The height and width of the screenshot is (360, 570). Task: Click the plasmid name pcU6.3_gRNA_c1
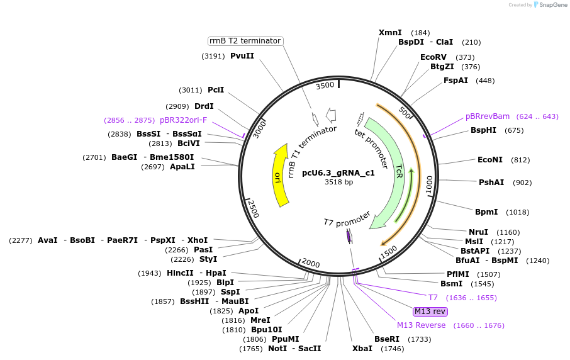(338, 172)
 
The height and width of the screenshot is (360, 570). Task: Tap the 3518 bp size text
(338, 182)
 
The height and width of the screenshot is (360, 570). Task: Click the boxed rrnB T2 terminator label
(245, 41)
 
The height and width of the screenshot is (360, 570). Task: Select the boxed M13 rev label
(430, 312)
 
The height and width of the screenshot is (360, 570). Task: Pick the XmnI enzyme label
(390, 32)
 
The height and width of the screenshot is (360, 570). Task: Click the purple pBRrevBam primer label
(488, 116)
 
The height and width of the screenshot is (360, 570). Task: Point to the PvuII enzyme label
(242, 56)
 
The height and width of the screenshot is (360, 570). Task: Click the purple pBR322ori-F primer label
(183, 120)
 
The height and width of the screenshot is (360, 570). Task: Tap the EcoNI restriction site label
(490, 160)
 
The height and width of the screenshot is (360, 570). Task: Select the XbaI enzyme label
(362, 348)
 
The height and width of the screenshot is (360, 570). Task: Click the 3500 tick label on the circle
(325, 86)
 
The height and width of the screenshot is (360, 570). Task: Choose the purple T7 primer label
(433, 298)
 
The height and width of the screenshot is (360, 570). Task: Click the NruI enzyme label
(478, 232)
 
